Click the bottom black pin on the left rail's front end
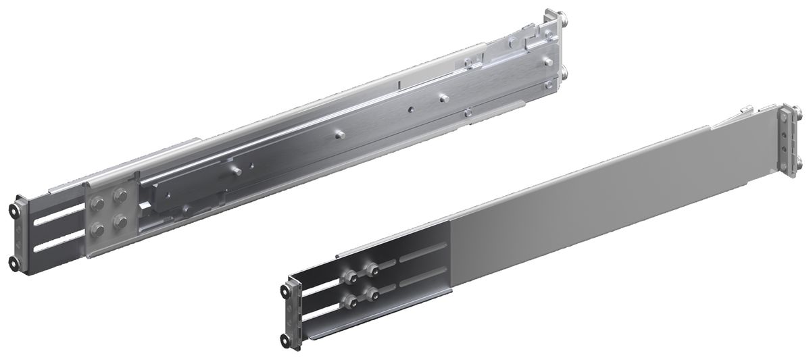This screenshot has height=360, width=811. click(14, 262)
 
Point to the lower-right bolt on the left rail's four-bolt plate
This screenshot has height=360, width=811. click(122, 221)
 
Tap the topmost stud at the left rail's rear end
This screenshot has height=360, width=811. click(563, 18)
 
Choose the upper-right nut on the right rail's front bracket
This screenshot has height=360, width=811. click(370, 269)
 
